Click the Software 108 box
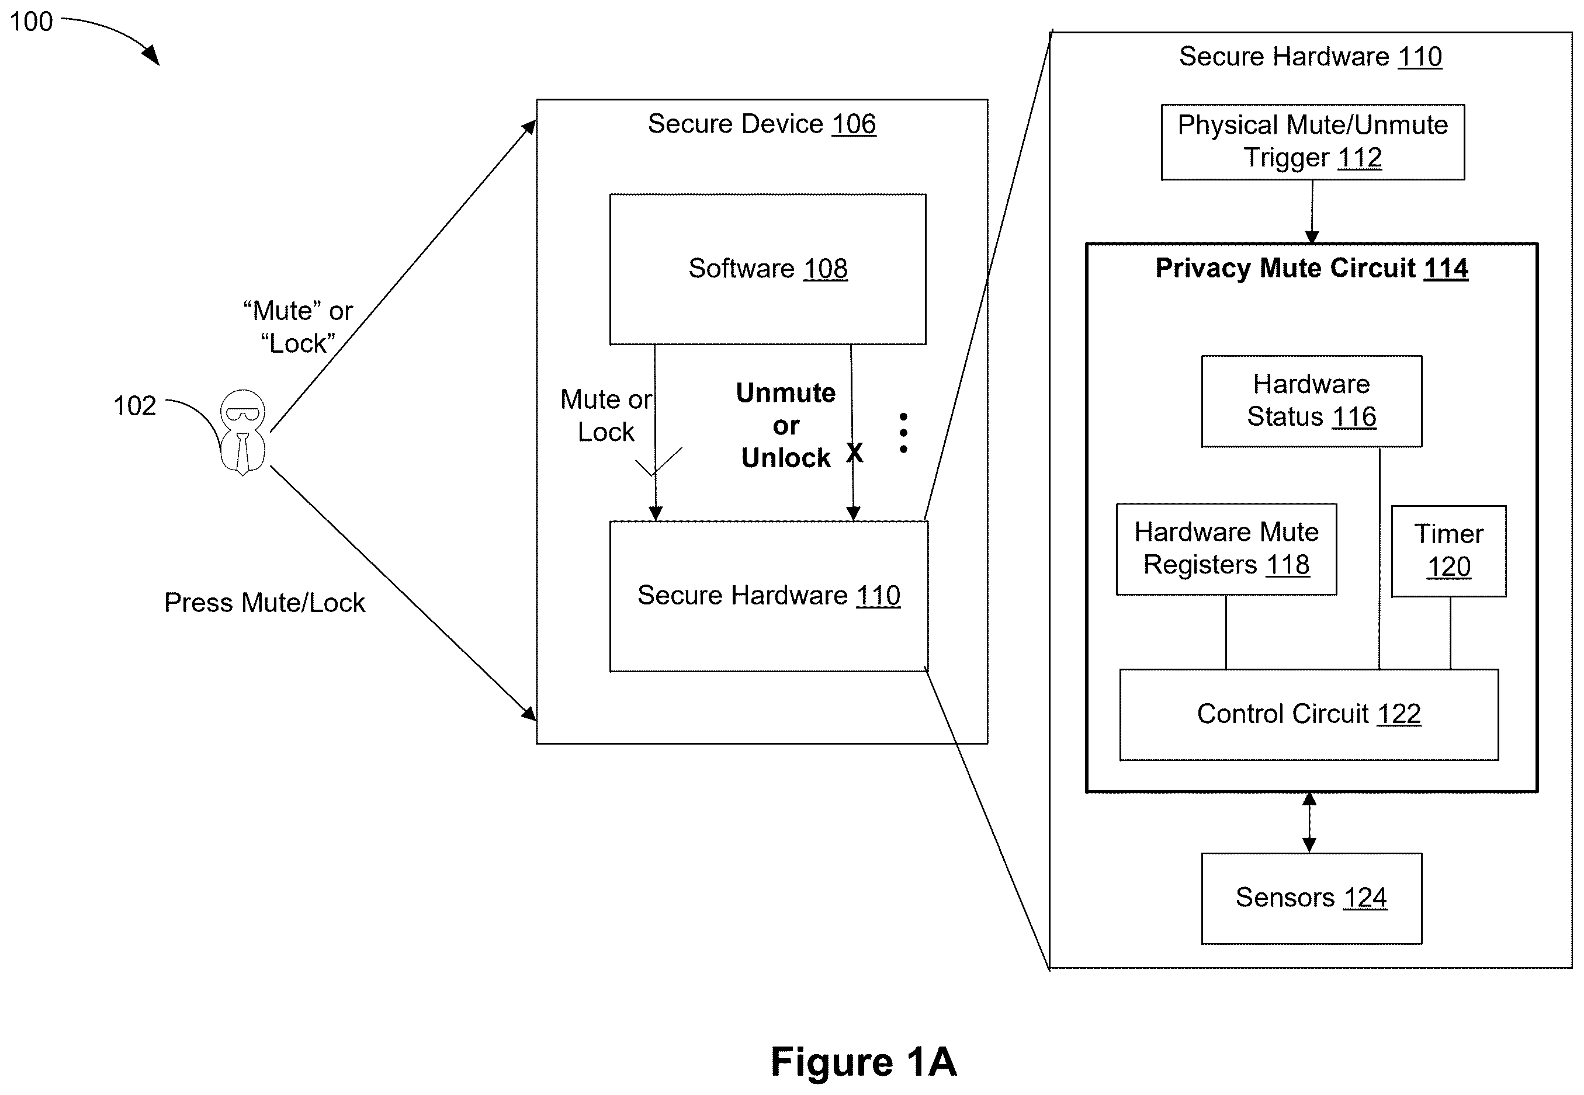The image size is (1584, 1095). [767, 269]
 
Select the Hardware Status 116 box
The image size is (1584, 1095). [1311, 401]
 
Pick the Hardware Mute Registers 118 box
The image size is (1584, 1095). [1226, 549]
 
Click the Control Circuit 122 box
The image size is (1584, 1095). [1308, 714]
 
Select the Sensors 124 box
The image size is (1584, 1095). [1311, 898]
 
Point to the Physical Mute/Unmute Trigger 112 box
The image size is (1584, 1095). [1312, 142]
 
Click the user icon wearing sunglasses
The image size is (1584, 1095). [242, 432]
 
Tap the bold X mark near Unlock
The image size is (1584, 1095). [854, 452]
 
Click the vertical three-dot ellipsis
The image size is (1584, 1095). [903, 433]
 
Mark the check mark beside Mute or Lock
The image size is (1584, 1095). [658, 461]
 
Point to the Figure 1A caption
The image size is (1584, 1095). [864, 1061]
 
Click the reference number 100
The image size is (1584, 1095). [31, 22]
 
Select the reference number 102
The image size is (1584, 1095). [134, 405]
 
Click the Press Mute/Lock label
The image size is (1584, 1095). [264, 602]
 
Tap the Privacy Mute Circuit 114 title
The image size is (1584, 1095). [1312, 268]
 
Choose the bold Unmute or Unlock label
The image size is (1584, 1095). [786, 425]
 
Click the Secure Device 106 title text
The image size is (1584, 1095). [762, 124]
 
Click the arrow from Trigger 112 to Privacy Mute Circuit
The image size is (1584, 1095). [1312, 211]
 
